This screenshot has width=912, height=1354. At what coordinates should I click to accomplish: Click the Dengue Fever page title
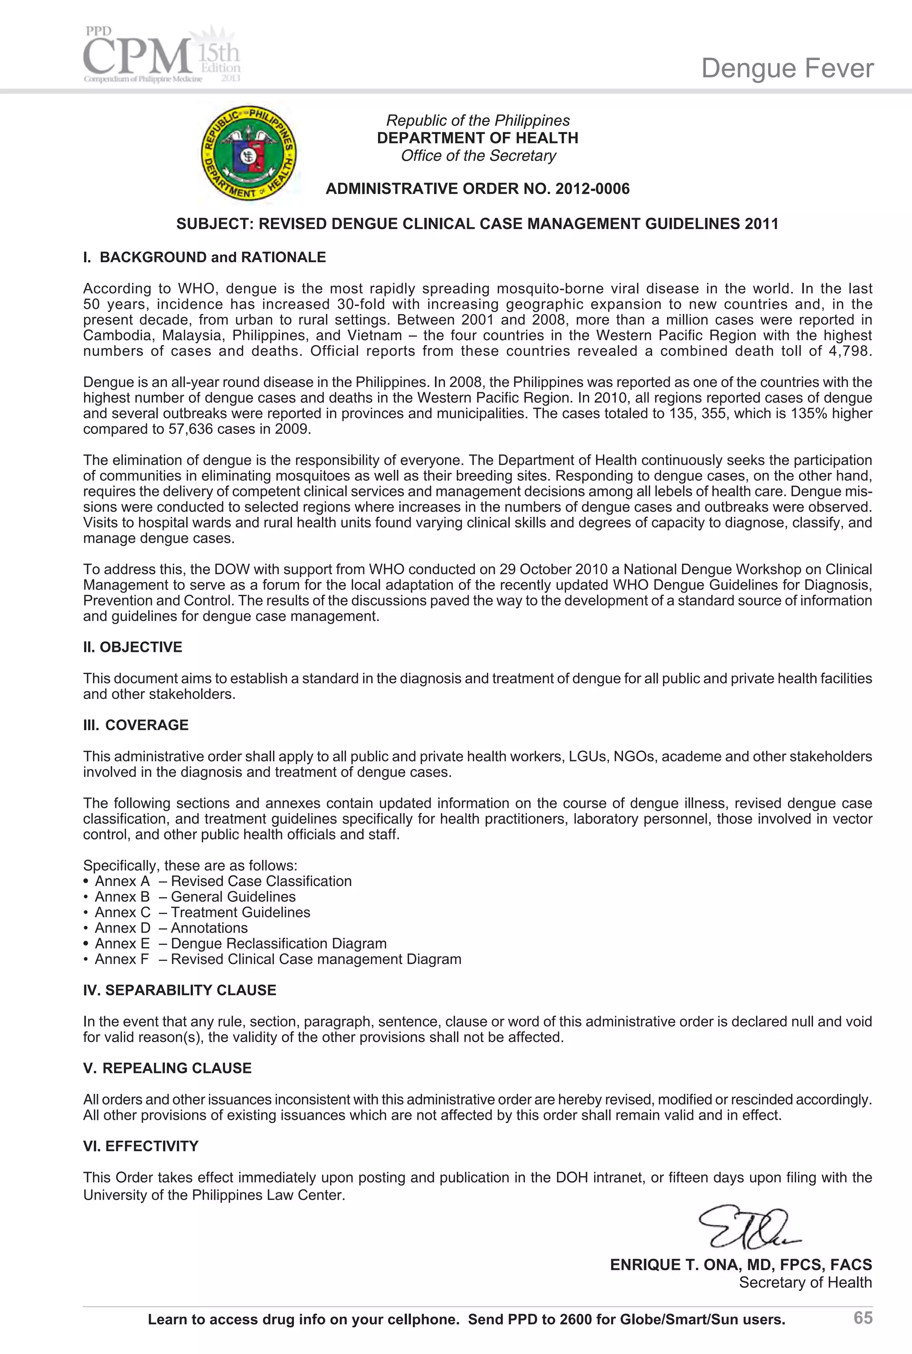pyautogui.click(x=787, y=69)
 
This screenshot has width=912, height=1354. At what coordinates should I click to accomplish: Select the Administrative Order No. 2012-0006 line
pyautogui.click(x=477, y=189)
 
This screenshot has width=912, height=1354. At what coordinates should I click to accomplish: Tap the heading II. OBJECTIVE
pyautogui.click(x=133, y=647)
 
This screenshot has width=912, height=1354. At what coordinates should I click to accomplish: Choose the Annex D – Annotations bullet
pyautogui.click(x=171, y=928)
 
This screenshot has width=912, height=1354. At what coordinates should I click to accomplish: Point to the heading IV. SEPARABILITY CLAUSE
pyautogui.click(x=180, y=991)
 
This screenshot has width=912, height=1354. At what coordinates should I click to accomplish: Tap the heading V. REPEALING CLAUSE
pyautogui.click(x=167, y=1069)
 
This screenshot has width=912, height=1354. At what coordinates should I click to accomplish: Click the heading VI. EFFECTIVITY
pyautogui.click(x=141, y=1147)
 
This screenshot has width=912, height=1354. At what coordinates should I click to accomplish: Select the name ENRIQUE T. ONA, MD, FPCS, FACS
pyautogui.click(x=741, y=1265)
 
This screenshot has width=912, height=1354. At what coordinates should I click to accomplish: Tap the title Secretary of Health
pyautogui.click(x=805, y=1282)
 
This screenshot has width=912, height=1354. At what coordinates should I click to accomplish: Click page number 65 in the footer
pyautogui.click(x=863, y=1317)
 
